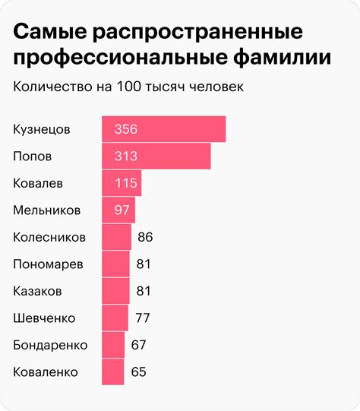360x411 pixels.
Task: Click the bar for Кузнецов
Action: coord(163,129)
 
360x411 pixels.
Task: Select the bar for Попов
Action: coord(156,156)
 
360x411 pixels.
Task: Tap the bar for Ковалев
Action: coord(122,183)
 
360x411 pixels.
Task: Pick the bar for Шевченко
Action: coord(115,318)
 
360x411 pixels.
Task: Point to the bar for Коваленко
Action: coord(113,371)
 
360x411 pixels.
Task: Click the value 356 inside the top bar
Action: coord(125,129)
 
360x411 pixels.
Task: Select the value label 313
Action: coord(125,156)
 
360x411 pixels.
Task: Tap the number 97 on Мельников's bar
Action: coord(122,210)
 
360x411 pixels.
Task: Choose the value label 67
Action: coord(138,345)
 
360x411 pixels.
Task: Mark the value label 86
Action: coord(146,237)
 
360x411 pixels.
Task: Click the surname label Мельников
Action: coord(46,210)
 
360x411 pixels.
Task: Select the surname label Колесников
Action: coord(49,237)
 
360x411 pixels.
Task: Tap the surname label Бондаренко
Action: coord(50,345)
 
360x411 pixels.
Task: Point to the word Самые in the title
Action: coord(49,33)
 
